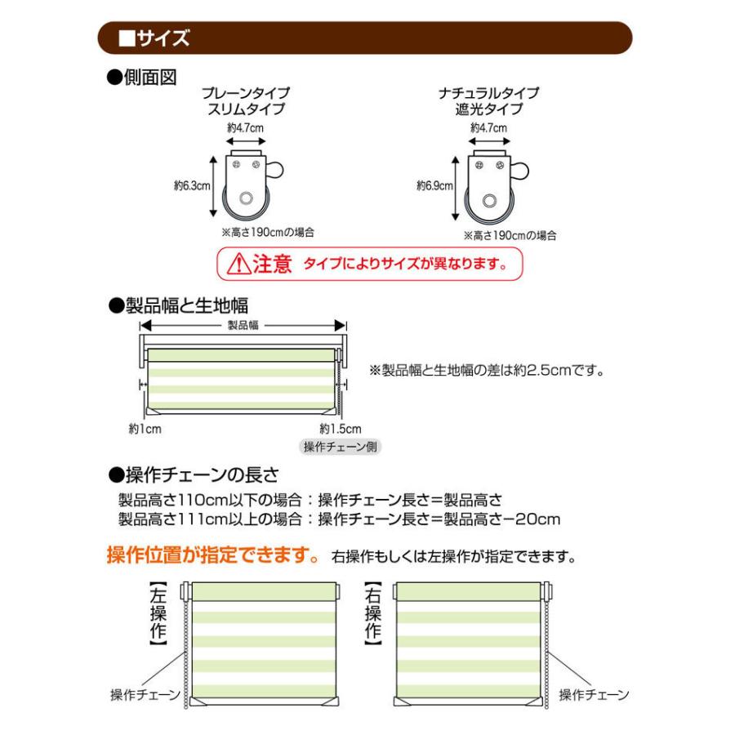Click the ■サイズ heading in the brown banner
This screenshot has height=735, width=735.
tap(154, 38)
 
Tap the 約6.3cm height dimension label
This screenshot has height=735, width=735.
tap(192, 186)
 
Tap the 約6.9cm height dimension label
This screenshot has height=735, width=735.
tap(434, 186)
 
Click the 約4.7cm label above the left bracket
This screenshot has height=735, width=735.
tap(247, 128)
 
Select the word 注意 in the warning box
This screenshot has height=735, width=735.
tap(271, 264)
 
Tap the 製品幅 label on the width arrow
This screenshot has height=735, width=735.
tap(243, 325)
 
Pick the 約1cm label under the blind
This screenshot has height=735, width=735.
tap(144, 428)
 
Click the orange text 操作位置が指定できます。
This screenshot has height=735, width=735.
tap(212, 556)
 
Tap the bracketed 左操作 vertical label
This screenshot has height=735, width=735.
tap(158, 613)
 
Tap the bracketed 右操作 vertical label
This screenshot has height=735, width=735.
tap(373, 613)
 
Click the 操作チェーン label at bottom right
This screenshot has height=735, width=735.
tap(594, 695)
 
